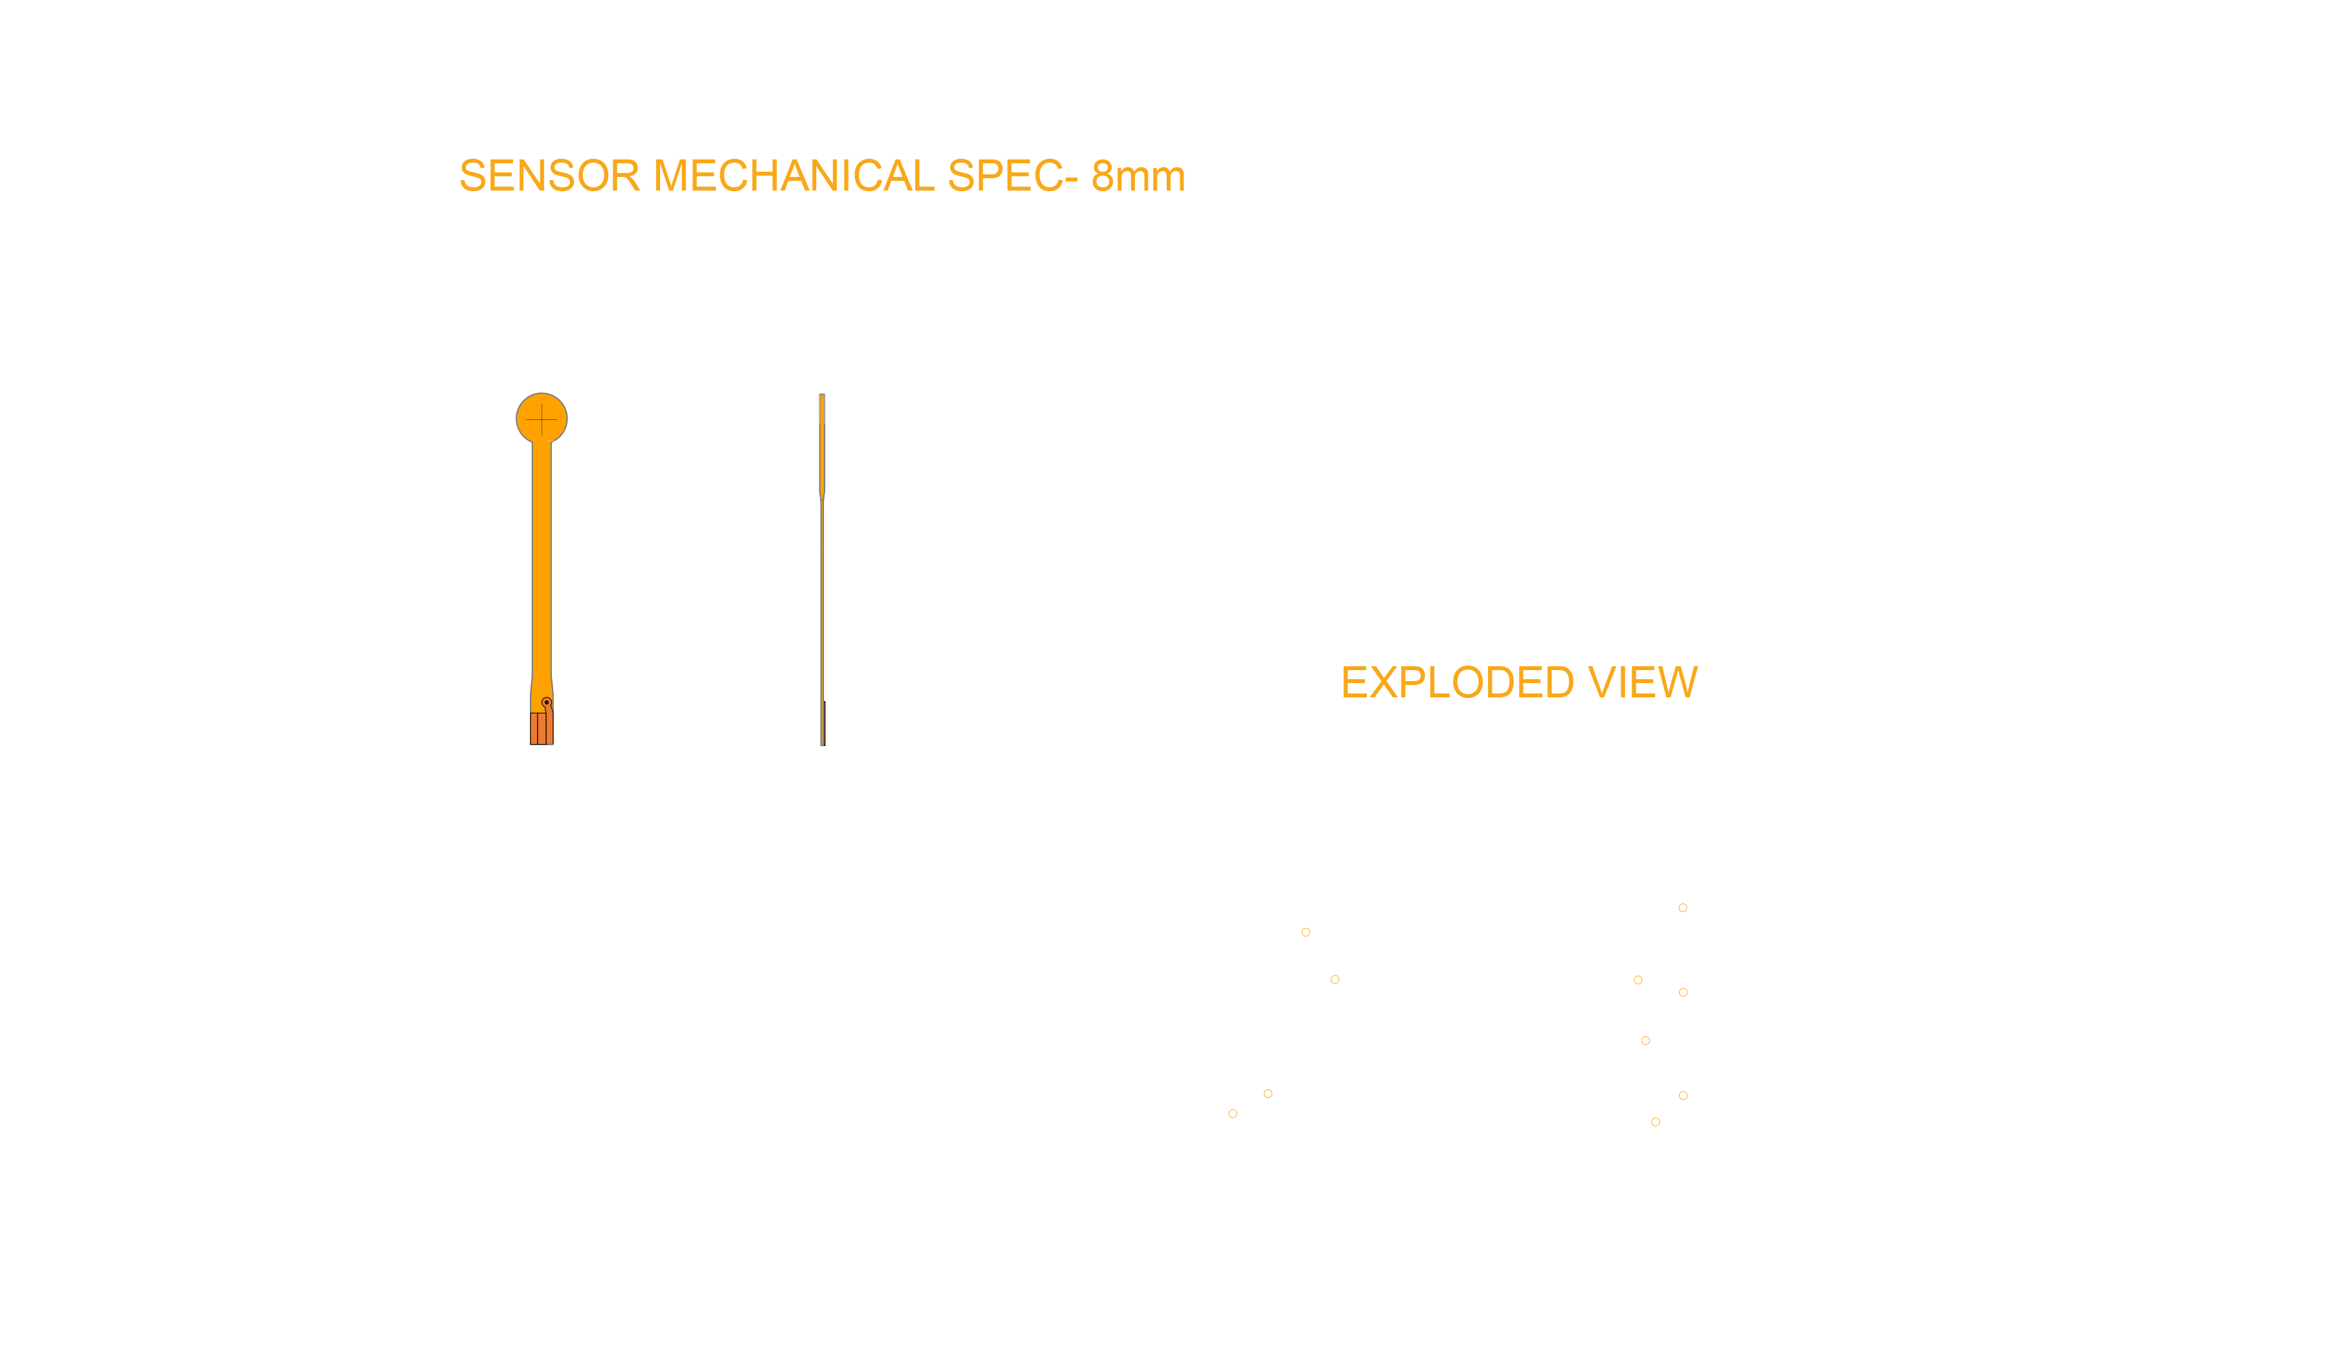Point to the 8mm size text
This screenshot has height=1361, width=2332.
point(1138,176)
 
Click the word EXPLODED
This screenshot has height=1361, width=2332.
point(1457,682)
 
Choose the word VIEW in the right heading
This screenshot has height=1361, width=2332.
point(1643,682)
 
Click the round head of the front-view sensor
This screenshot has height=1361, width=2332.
point(542,419)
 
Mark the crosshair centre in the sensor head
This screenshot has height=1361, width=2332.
point(542,419)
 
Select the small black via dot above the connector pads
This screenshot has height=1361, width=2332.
point(547,703)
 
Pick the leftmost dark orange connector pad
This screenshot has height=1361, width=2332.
point(534,728)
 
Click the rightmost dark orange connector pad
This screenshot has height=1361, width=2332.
point(550,728)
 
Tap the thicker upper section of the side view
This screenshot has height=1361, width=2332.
point(822,445)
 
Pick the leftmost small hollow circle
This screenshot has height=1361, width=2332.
point(1233,1114)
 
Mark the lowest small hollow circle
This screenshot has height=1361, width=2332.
point(1656,1122)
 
